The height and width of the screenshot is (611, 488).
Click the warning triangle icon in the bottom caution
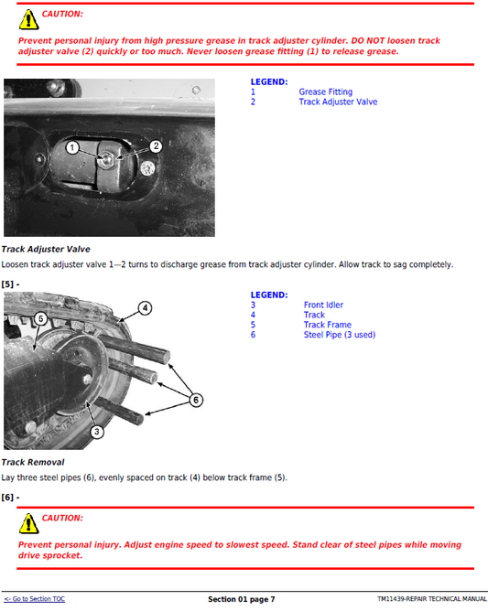[x=30, y=521]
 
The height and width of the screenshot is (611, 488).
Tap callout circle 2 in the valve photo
[x=156, y=145]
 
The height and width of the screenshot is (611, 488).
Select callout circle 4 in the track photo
[x=145, y=307]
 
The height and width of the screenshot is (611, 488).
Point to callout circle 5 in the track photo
[x=40, y=318]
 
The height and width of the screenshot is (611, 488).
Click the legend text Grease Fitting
[x=325, y=92]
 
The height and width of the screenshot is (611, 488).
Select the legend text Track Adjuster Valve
[x=337, y=102]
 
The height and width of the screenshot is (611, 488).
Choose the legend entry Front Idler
[x=323, y=305]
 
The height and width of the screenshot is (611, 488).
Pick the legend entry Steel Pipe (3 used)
[x=339, y=335]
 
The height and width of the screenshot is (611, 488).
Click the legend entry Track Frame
[x=327, y=325]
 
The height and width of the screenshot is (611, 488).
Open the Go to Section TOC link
[x=34, y=599]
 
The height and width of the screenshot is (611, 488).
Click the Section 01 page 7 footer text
[x=241, y=599]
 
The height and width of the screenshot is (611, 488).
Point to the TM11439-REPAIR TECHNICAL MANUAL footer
[x=431, y=599]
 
